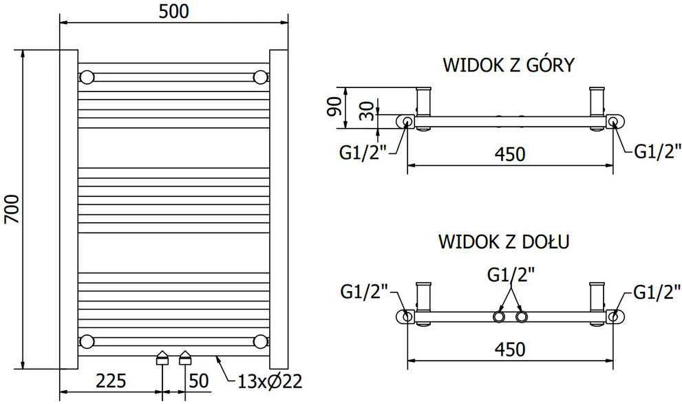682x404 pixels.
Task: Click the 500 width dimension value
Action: [173, 12]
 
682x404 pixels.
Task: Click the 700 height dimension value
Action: [12, 209]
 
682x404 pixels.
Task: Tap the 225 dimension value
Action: [111, 381]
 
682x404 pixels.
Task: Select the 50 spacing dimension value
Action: [199, 381]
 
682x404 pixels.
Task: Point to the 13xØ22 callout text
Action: [270, 382]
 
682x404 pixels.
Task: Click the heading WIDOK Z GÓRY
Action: [509, 65]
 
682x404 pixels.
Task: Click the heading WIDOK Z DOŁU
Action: [504, 242]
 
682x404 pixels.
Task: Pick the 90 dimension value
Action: [335, 107]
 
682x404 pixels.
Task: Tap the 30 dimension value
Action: [367, 111]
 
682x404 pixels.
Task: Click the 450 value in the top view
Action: [510, 154]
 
